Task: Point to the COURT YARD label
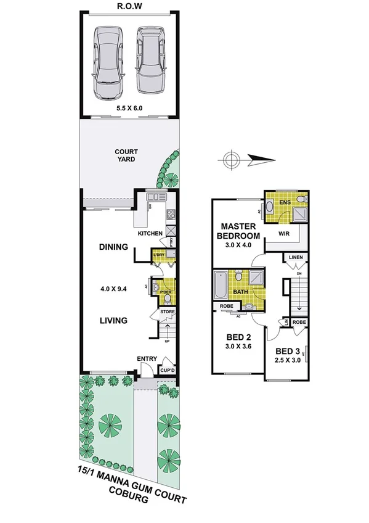[126, 155]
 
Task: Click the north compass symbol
[231, 161]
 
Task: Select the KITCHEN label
[150, 234]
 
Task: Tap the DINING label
[113, 247]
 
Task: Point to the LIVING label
[113, 321]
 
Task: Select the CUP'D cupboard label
[168, 370]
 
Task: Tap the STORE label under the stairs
[168, 312]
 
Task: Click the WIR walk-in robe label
[285, 234]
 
